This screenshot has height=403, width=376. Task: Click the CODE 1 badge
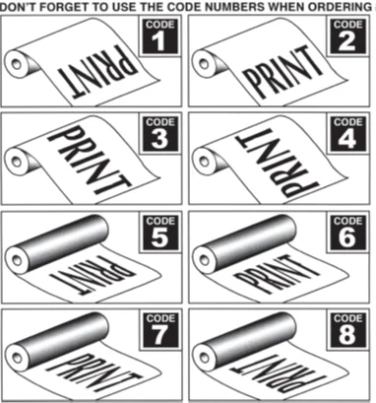160,35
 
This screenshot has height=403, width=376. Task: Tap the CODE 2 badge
347,35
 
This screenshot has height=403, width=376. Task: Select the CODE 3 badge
160,134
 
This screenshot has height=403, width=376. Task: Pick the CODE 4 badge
347,134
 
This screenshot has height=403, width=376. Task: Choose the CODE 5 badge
160,232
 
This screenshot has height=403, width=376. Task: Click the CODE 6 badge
347,232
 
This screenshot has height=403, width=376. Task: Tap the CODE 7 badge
160,329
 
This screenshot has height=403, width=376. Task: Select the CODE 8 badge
347,329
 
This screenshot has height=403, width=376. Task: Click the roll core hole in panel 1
16,64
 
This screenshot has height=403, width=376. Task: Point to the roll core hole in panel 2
204,63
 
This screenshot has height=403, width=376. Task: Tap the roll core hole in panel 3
16,162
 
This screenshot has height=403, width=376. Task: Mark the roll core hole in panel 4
204,162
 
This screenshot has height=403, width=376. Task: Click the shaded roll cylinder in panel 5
57,241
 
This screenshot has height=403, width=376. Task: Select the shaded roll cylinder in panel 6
244,241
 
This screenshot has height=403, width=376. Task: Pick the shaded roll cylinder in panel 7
57,339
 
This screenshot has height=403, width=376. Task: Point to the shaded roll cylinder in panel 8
244,339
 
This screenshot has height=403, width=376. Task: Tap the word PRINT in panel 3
89,161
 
